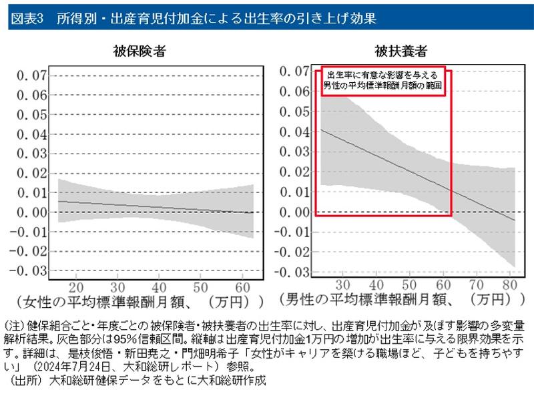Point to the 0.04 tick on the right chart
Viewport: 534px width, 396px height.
point(293,133)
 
